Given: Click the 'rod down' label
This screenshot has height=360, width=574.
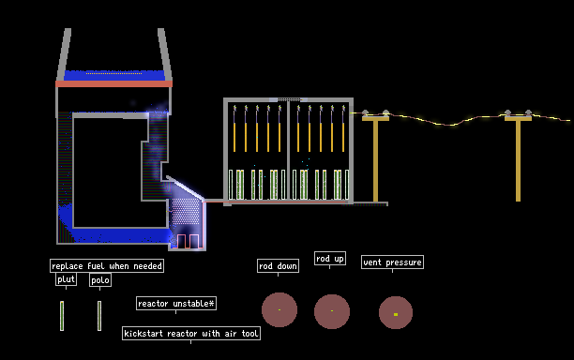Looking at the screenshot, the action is click(x=278, y=266).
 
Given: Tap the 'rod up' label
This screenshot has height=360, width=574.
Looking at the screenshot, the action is click(x=330, y=259).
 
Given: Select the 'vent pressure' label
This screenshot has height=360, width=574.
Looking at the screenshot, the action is click(x=392, y=262).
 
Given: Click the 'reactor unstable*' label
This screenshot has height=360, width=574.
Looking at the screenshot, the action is click(x=176, y=304).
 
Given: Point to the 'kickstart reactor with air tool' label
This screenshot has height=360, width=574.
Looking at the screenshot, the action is click(x=191, y=334).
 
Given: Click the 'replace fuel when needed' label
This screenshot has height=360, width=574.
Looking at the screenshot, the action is click(x=107, y=265).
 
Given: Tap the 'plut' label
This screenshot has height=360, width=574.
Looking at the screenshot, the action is click(x=67, y=279).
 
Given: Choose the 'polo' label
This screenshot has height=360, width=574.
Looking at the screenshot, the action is click(x=100, y=280).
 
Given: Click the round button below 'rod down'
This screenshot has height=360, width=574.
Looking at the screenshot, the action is click(x=279, y=310).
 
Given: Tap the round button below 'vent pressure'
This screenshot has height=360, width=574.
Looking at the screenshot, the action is click(x=396, y=313).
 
